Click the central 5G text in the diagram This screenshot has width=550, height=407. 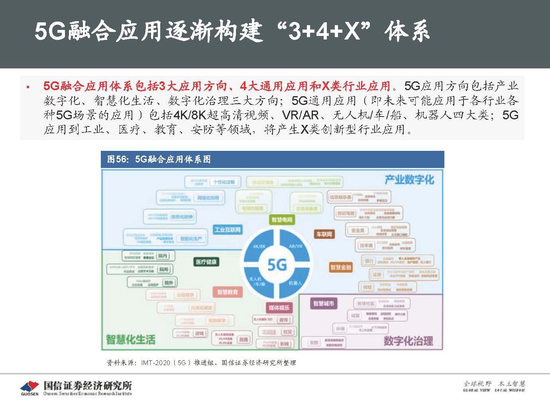[x=277, y=265]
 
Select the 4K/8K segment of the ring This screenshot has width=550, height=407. [x=259, y=247]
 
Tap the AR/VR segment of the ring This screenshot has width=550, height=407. [x=295, y=246]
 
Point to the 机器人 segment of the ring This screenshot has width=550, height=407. [x=295, y=283]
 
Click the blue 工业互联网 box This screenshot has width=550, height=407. [x=228, y=230]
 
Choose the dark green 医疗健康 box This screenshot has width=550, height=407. [x=206, y=262]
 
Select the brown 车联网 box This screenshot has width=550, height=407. [x=324, y=234]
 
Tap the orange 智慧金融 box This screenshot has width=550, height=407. [x=341, y=267]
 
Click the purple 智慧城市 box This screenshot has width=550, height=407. [x=323, y=304]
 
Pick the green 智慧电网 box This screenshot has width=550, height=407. [x=282, y=219]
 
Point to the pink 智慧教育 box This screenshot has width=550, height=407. [x=227, y=292]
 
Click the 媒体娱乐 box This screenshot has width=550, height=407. [x=279, y=308]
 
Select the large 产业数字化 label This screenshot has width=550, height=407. [x=409, y=180]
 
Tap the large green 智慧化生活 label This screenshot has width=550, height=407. [x=130, y=340]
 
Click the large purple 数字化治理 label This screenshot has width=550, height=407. [x=408, y=341]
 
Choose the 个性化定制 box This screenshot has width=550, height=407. [x=224, y=182]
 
